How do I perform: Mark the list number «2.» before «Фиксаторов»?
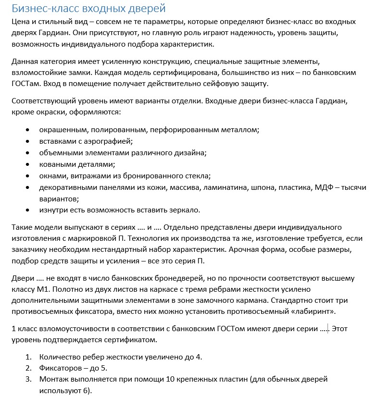29,368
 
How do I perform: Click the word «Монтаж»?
54,380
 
